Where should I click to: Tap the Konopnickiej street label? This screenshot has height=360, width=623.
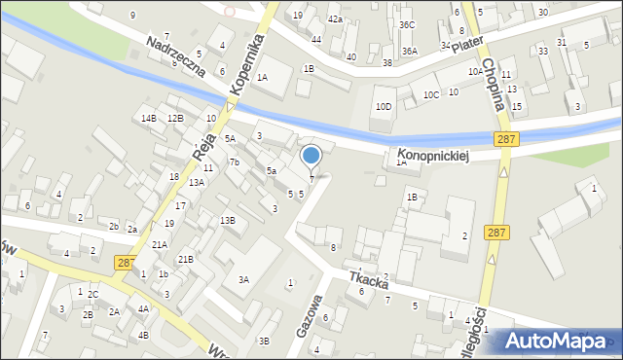click(x=433, y=156)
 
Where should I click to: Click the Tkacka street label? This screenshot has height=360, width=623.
click(x=370, y=282)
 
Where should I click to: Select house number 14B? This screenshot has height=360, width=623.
click(x=148, y=119)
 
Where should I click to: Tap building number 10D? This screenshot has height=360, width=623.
click(x=384, y=107)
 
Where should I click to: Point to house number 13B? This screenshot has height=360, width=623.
click(x=227, y=221)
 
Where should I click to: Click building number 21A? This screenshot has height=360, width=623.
click(x=159, y=245)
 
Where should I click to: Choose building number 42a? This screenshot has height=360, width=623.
click(x=335, y=19)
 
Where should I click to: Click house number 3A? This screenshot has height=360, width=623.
click(x=244, y=280)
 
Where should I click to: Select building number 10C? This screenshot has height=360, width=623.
click(x=431, y=95)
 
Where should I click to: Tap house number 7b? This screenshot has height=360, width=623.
click(x=234, y=162)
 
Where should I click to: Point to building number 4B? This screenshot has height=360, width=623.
click(x=143, y=335)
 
